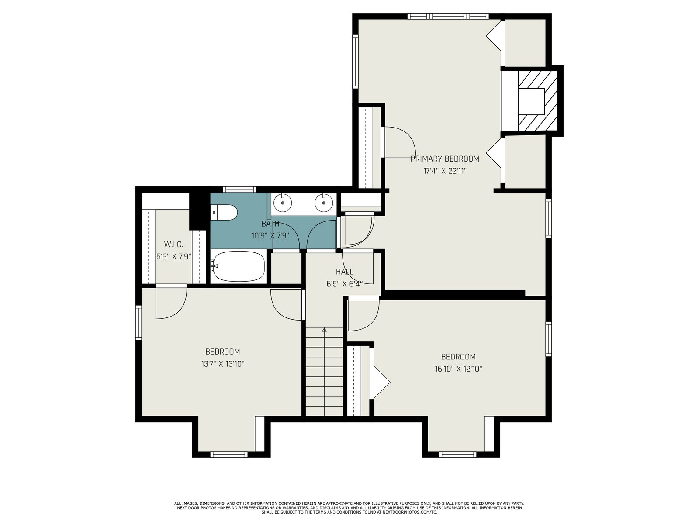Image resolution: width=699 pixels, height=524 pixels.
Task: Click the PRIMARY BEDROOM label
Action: click(x=445, y=159)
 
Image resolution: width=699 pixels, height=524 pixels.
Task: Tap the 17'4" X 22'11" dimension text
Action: click(x=445, y=171)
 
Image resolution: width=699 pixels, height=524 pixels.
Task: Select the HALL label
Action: click(x=345, y=272)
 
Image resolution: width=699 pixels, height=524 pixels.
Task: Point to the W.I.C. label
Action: click(x=173, y=245)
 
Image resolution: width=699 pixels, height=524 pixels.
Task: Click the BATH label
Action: click(x=270, y=224)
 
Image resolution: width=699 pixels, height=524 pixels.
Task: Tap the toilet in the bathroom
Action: click(x=224, y=213)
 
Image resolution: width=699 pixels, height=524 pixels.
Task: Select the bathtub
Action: click(x=239, y=267)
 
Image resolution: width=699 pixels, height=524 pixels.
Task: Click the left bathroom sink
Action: click(x=283, y=202)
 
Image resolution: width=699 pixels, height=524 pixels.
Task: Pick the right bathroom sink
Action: click(x=324, y=202)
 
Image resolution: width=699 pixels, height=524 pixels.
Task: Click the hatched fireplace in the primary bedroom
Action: click(x=537, y=101)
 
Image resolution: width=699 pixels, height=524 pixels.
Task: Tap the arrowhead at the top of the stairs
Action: click(x=324, y=330)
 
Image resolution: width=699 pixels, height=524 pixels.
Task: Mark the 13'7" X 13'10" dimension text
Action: click(x=223, y=364)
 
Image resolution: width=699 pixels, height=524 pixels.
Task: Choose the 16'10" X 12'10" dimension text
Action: click(x=458, y=369)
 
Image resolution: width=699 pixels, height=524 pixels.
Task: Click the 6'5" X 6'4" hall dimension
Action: click(x=345, y=284)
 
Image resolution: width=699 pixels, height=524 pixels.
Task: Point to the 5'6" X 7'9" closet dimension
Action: click(x=173, y=257)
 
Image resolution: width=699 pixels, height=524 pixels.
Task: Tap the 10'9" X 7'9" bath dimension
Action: click(x=270, y=236)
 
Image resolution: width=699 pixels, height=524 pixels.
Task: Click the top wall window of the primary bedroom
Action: click(x=448, y=16)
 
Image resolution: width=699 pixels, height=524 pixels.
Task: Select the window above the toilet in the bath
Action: click(x=239, y=190)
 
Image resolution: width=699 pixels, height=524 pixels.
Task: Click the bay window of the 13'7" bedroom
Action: click(x=229, y=454)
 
